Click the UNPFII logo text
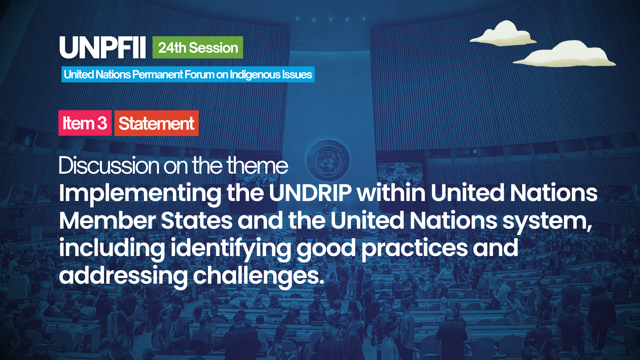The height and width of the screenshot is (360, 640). (102, 48)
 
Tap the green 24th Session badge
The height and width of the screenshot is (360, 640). (198, 47)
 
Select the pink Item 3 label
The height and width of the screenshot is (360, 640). (85, 123)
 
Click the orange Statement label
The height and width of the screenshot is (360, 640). (156, 123)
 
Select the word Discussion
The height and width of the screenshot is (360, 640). (109, 165)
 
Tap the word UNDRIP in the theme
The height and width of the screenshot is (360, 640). (310, 193)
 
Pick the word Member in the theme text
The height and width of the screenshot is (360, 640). (107, 221)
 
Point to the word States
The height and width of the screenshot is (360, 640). (197, 221)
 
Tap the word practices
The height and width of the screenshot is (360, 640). (415, 249)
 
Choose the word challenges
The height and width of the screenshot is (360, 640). (258, 277)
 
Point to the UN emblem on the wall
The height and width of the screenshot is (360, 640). (328, 160)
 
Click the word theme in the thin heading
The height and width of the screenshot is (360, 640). (257, 165)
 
